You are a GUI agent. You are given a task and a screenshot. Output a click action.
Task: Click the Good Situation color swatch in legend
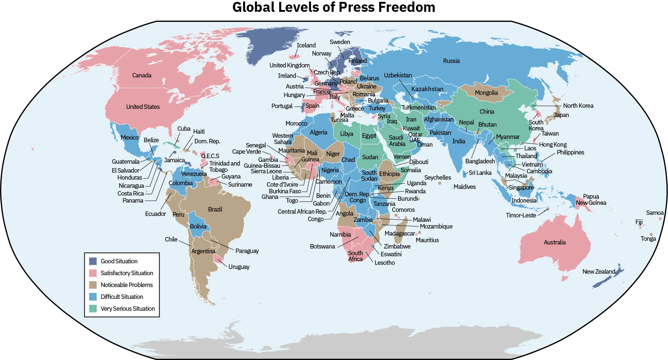[x=93, y=261]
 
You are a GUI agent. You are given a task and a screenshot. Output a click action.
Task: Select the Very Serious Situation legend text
[x=128, y=309]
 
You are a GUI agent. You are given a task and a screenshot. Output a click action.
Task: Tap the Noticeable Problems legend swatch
[x=93, y=285]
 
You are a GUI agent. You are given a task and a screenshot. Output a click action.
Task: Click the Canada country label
[x=142, y=75]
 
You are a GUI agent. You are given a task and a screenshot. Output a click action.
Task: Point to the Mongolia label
[x=486, y=93]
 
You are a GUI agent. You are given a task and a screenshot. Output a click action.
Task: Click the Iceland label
[x=306, y=45]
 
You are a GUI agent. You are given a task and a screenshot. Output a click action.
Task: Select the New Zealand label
[x=598, y=271]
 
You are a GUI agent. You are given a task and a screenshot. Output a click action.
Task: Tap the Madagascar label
[x=400, y=233]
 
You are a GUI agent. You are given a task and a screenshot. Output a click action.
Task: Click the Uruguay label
[x=239, y=267]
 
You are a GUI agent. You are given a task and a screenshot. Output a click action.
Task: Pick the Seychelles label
[x=437, y=177]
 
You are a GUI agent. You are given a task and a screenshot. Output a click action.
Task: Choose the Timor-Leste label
[x=521, y=215]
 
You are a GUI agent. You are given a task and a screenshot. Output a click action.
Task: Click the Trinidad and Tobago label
[x=224, y=166]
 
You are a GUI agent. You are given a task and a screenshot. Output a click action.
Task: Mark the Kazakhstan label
[x=427, y=89]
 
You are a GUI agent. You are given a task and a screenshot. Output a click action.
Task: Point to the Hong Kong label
[x=552, y=144]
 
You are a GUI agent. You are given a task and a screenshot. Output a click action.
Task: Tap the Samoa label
[x=654, y=213]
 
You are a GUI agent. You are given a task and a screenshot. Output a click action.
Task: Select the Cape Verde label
[x=246, y=151]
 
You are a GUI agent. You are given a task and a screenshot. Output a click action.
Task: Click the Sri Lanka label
[x=480, y=173]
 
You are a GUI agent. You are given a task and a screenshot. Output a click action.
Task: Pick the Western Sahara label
[x=283, y=139]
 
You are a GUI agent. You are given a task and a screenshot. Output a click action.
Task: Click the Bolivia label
[x=198, y=226]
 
